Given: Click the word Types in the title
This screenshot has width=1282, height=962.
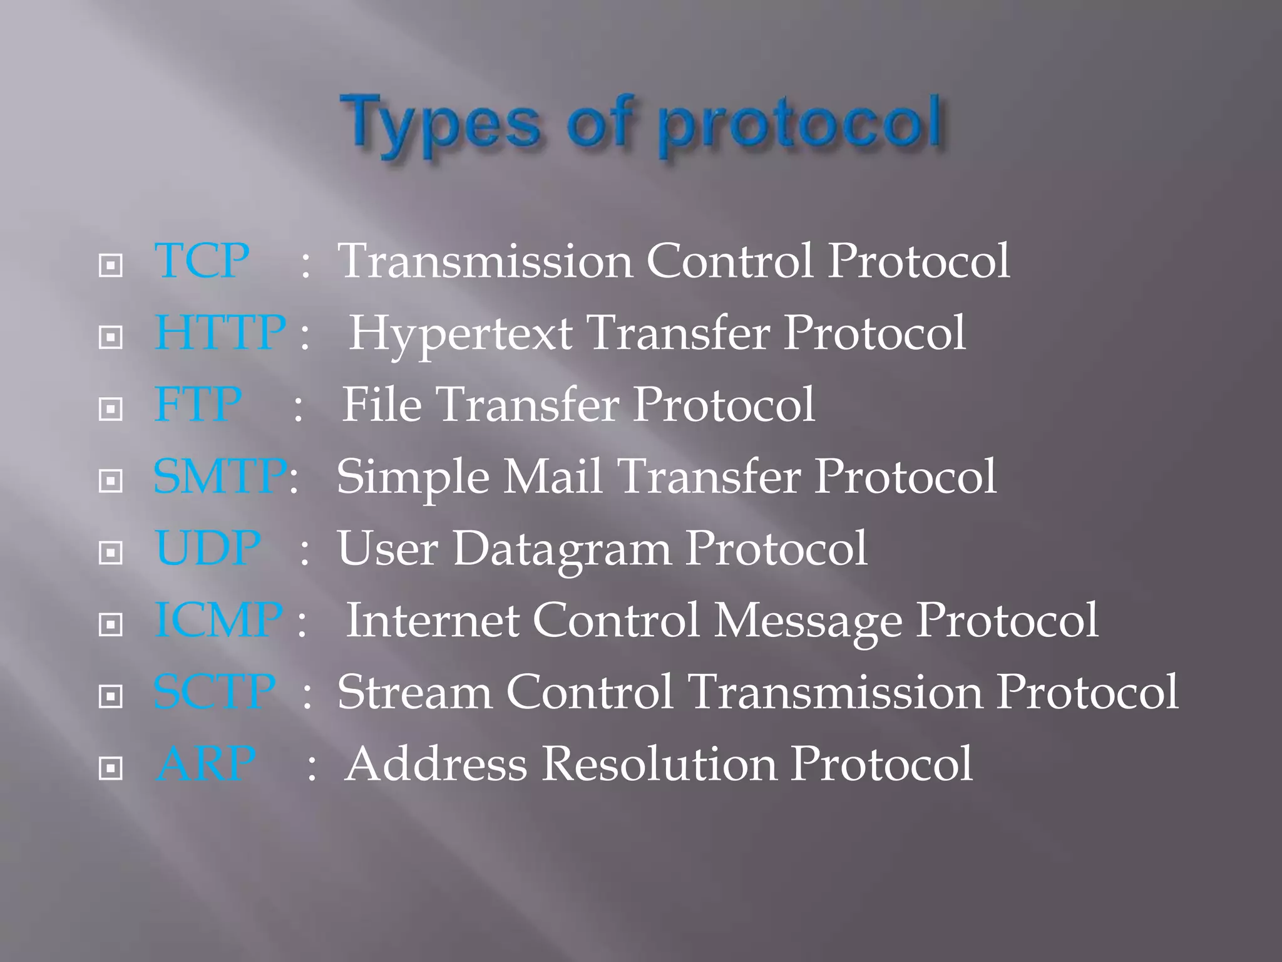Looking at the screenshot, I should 440,125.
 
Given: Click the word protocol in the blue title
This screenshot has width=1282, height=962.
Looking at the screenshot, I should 801,125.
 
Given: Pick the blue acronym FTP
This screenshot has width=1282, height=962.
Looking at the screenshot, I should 198,405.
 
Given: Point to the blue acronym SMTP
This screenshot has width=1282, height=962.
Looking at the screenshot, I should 220,477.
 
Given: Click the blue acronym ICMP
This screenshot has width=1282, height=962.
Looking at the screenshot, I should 218,620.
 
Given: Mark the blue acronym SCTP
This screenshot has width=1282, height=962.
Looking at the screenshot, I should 215,692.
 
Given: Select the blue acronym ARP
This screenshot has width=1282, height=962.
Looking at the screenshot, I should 206,764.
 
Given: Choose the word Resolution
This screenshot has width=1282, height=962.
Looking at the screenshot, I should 660,764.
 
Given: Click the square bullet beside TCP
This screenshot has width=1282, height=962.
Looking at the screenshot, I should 111,266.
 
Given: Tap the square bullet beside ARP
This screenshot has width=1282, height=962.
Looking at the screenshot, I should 111,768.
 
